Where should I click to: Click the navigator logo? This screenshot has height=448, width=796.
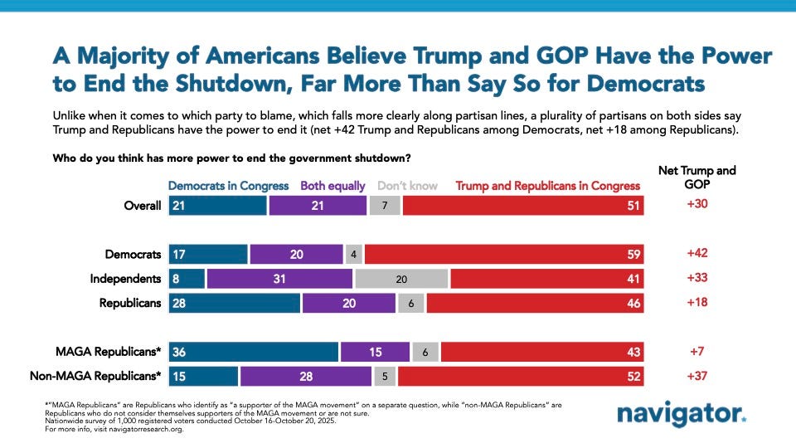[x=681, y=414]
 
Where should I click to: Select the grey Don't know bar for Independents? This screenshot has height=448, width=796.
[x=401, y=279]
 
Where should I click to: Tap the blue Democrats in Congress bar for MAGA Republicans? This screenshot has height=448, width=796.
[x=254, y=353]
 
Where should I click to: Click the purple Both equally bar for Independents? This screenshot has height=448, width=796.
[x=280, y=279]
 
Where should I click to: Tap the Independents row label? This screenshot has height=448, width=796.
[x=125, y=279]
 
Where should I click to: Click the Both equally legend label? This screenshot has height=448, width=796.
[x=332, y=186]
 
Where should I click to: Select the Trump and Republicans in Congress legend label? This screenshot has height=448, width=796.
[x=548, y=186]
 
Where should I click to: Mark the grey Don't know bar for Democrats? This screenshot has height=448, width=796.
[x=353, y=254]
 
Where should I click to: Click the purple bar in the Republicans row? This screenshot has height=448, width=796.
[x=349, y=303]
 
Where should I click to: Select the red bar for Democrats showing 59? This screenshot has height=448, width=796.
[x=505, y=254]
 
